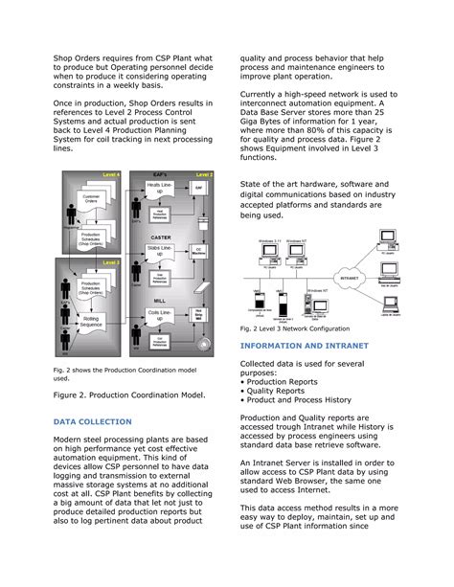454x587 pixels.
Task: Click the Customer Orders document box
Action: click(92, 202)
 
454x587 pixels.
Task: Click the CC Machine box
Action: click(199, 251)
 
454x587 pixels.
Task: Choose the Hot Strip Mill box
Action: click(199, 312)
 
